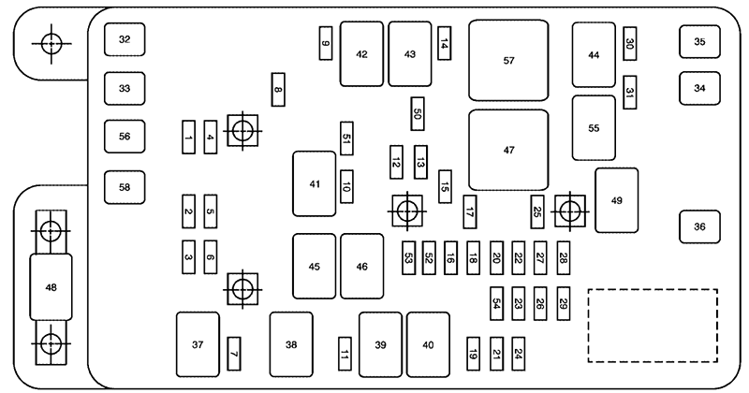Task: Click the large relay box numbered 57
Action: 508,60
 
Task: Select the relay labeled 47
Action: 508,150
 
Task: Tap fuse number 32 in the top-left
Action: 125,39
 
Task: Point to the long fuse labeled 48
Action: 51,286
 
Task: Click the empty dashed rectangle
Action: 652,325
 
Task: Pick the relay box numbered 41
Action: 314,184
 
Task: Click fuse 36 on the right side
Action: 699,226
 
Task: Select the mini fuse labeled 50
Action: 418,113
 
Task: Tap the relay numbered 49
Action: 616,199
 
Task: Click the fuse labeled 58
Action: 125,186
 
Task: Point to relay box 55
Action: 594,128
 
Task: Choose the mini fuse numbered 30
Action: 630,43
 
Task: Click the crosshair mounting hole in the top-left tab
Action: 51,43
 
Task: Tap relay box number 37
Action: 198,345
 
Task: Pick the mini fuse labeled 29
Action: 564,303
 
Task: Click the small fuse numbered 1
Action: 189,138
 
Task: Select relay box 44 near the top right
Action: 594,55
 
